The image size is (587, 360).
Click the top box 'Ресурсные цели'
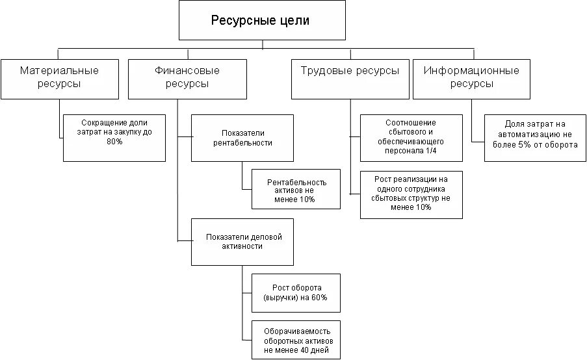(262, 21)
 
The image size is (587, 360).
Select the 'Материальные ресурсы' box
(59, 78)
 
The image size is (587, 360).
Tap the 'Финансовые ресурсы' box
(187, 78)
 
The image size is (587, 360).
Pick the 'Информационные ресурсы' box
(471, 78)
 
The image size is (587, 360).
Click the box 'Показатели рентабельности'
(242, 138)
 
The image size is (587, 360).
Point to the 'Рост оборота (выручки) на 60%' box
(295, 292)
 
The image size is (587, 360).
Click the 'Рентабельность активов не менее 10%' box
(296, 190)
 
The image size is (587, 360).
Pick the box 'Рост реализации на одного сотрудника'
(411, 193)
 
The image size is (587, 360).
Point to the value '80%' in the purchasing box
(114, 141)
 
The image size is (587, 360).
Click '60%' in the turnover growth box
(319, 297)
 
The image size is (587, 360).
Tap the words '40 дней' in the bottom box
(315, 350)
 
